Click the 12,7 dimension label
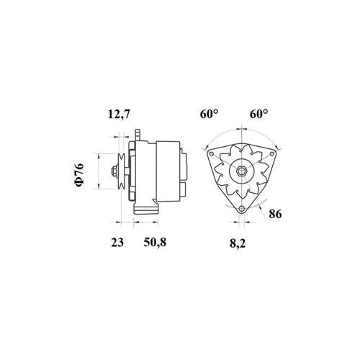click(x=119, y=114)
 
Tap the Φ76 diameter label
click(x=79, y=175)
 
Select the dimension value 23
click(x=117, y=242)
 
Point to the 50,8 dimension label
click(x=155, y=243)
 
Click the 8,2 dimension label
click(x=238, y=243)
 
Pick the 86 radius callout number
click(x=275, y=214)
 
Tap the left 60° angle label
click(x=210, y=114)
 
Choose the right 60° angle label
click(x=259, y=114)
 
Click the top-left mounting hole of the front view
click(x=212, y=154)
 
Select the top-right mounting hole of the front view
click(x=271, y=154)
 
